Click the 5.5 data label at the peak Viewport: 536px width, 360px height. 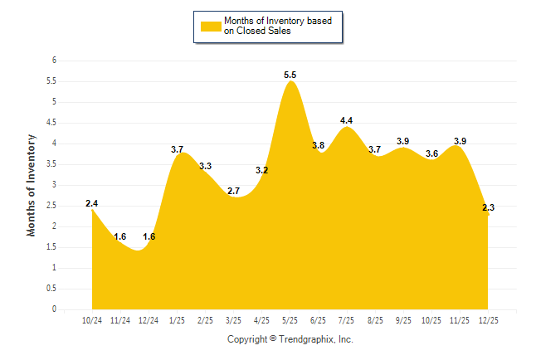[x=290, y=75]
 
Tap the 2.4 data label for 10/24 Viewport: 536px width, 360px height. [x=92, y=203]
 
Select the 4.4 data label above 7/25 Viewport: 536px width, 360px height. [x=347, y=121]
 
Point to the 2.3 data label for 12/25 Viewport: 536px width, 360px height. [x=488, y=208]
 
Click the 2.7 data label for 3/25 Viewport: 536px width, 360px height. [x=234, y=192]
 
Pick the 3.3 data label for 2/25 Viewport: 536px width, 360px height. [x=205, y=167]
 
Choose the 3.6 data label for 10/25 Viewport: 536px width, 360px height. [x=431, y=154]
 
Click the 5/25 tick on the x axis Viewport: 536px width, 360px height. [x=290, y=320]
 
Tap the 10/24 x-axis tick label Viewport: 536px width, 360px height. [x=92, y=320]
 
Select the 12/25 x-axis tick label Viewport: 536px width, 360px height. [x=488, y=320]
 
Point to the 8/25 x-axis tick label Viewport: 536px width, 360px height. [x=375, y=320]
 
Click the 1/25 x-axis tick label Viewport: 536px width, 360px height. [x=178, y=320]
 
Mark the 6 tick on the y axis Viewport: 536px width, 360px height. [x=54, y=61]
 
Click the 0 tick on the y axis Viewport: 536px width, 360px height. [x=54, y=309]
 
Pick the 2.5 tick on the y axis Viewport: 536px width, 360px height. [x=51, y=206]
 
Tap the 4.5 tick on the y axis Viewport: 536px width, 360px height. [x=51, y=123]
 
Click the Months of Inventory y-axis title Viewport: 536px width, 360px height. [x=32, y=185]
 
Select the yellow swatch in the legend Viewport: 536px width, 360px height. [x=211, y=26]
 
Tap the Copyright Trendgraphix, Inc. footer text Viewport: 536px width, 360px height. [x=290, y=339]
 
